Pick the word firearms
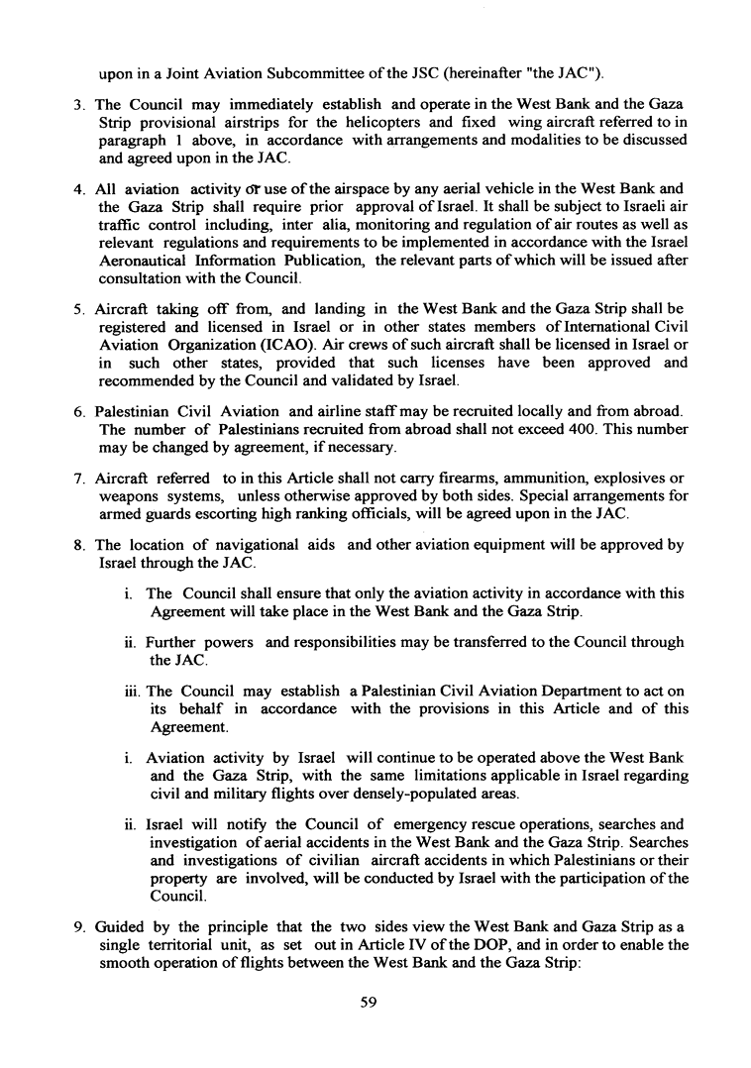[x=402, y=480]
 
